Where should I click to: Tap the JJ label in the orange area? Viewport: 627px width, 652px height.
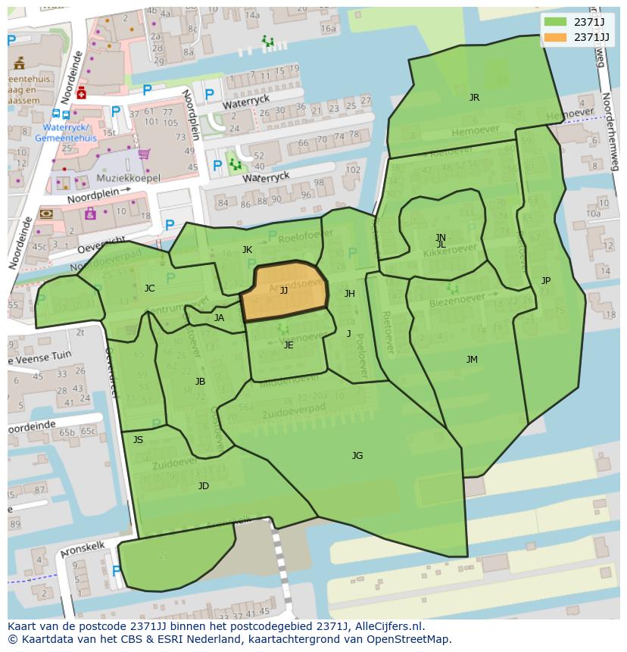(x=284, y=290)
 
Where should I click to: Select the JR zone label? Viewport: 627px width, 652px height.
(x=474, y=98)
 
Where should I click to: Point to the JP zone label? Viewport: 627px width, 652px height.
(x=546, y=281)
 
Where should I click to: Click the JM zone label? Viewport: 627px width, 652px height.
(x=472, y=360)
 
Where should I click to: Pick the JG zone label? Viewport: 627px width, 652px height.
(x=357, y=455)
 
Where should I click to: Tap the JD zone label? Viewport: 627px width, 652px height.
(x=204, y=486)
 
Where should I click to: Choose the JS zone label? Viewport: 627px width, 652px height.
(x=138, y=440)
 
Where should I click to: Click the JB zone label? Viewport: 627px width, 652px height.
(x=200, y=382)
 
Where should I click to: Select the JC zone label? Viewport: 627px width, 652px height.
(x=149, y=289)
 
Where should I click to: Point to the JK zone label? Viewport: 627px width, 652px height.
(x=247, y=250)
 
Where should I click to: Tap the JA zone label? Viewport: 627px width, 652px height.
(x=219, y=318)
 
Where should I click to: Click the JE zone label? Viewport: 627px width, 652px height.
(x=289, y=345)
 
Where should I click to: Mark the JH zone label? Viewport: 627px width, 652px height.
(x=349, y=294)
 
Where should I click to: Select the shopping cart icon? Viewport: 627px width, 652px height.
(x=143, y=154)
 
